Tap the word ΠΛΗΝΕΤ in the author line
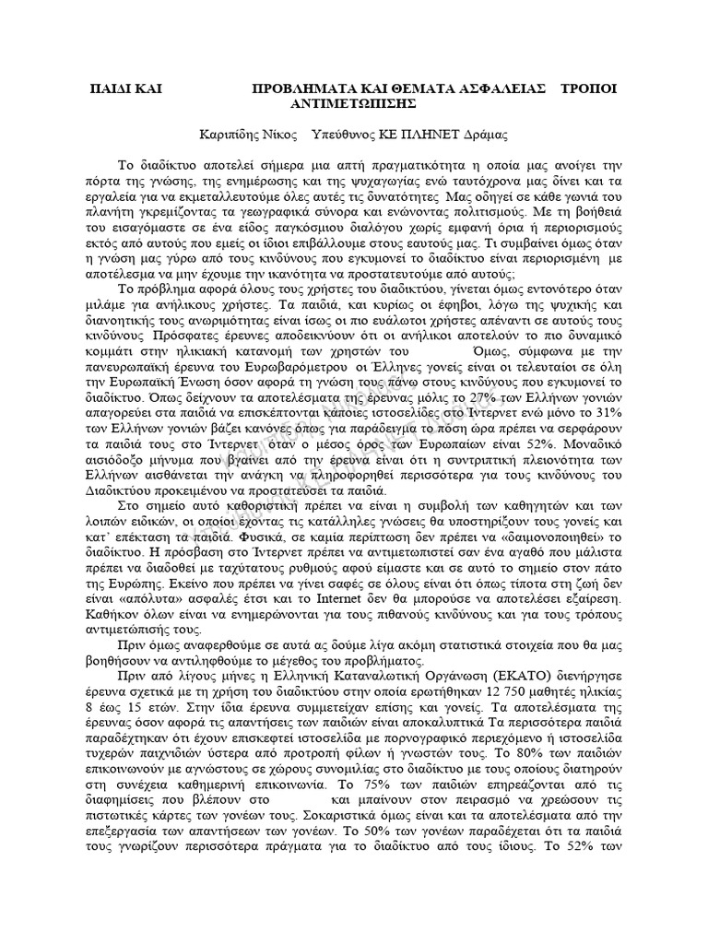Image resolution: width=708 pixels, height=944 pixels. (x=431, y=135)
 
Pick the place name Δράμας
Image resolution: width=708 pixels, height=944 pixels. (x=484, y=135)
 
